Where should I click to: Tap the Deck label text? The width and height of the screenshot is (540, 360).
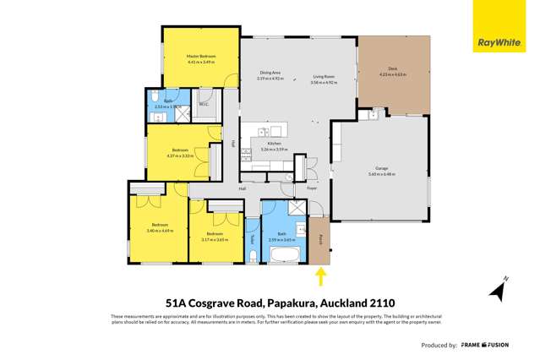coord(392,68)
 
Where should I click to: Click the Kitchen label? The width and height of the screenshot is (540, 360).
coord(274,144)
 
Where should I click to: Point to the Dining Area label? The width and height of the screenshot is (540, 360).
coord(270,76)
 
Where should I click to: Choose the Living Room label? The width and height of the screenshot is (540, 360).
coord(324,76)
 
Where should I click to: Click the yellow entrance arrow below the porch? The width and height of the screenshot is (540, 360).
coord(321,275)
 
